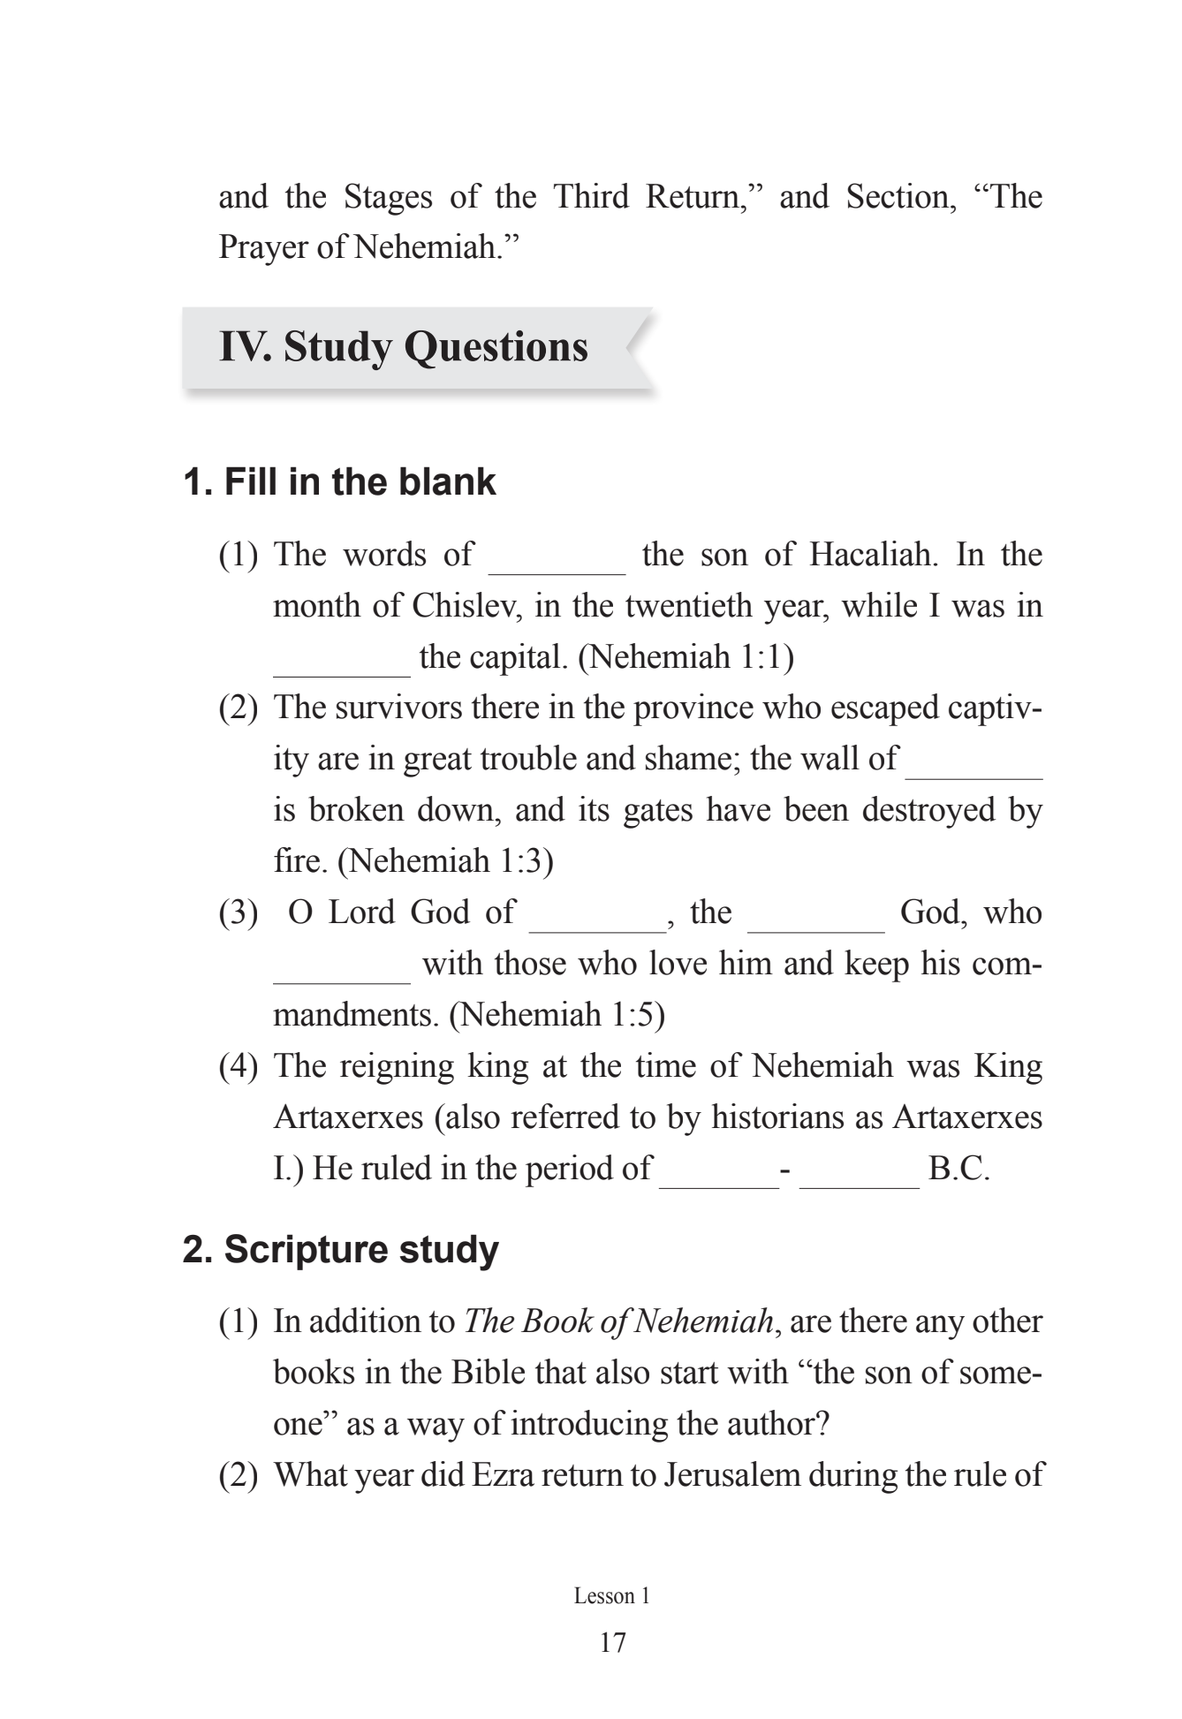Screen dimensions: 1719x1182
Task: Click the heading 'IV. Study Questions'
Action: coord(403,346)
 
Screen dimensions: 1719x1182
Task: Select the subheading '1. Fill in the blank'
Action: coord(339,482)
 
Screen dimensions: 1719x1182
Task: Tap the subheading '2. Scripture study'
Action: coord(340,1250)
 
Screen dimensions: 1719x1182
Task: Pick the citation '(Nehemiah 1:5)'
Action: coord(557,1015)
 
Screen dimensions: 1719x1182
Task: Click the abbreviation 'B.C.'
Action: coord(958,1169)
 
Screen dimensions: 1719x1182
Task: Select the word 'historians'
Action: coord(779,1117)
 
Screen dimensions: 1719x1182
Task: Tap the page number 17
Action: coord(612,1642)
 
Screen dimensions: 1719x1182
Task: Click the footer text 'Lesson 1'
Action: coord(611,1596)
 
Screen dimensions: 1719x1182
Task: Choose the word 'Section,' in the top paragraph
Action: coord(900,197)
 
